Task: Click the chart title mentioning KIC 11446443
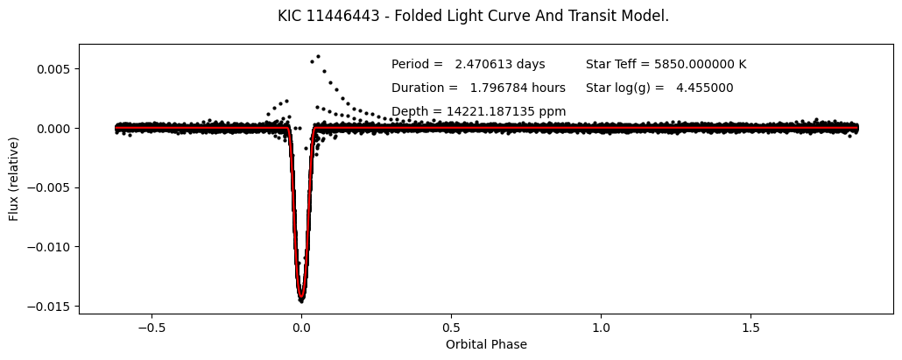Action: pyautogui.click(x=473, y=16)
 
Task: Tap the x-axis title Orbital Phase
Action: pyautogui.click(x=486, y=344)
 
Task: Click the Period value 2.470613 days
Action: pyautogui.click(x=468, y=64)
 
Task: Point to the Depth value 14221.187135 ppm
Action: pyautogui.click(x=478, y=111)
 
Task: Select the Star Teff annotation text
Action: pyautogui.click(x=666, y=64)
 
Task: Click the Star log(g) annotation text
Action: pyautogui.click(x=659, y=88)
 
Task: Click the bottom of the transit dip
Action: pyautogui.click(x=301, y=300)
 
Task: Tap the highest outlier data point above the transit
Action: pyautogui.click(x=317, y=57)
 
